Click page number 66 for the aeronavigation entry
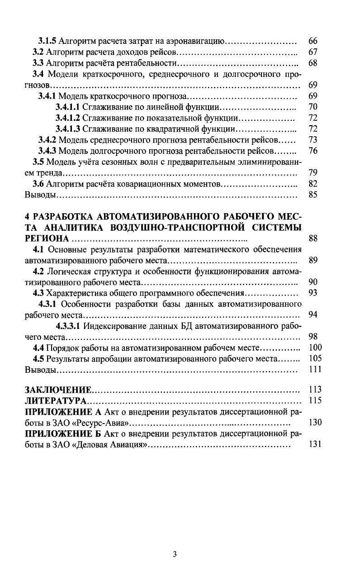click(x=313, y=41)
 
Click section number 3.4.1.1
click(x=67, y=107)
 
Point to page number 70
click(x=313, y=107)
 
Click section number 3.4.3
click(x=47, y=151)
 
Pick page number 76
click(x=313, y=151)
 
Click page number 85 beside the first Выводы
click(x=313, y=195)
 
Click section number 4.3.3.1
click(x=68, y=326)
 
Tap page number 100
click(x=314, y=348)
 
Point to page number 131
click(x=314, y=444)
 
